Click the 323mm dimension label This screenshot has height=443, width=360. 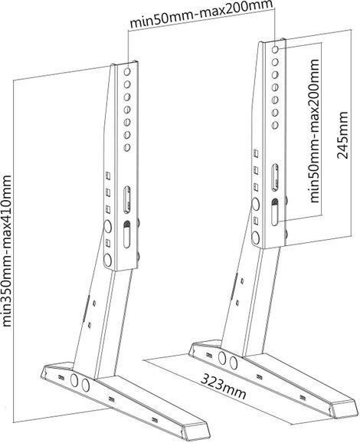click(x=224, y=387)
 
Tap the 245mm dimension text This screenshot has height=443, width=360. click(x=343, y=135)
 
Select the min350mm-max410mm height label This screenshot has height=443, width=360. click(x=6, y=251)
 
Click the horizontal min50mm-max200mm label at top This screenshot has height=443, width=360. click(x=201, y=14)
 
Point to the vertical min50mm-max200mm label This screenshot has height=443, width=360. click(x=315, y=131)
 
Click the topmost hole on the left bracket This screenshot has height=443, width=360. click(x=127, y=71)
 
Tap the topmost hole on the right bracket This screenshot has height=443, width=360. click(x=275, y=49)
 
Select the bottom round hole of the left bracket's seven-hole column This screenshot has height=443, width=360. click(x=127, y=147)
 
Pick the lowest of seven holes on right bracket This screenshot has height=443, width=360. click(x=275, y=125)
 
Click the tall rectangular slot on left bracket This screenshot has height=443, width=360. click(x=127, y=199)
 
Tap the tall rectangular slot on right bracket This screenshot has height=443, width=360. click(x=275, y=177)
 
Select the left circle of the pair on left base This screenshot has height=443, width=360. click(x=74, y=381)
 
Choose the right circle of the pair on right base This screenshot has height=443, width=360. click(x=233, y=363)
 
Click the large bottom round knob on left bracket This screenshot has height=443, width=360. click(x=107, y=260)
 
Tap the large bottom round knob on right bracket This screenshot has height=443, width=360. click(x=256, y=238)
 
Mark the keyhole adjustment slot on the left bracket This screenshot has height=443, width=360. click(x=127, y=235)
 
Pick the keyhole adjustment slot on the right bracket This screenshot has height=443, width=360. click(x=275, y=212)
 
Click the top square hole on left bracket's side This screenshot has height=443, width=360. click(x=107, y=176)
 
